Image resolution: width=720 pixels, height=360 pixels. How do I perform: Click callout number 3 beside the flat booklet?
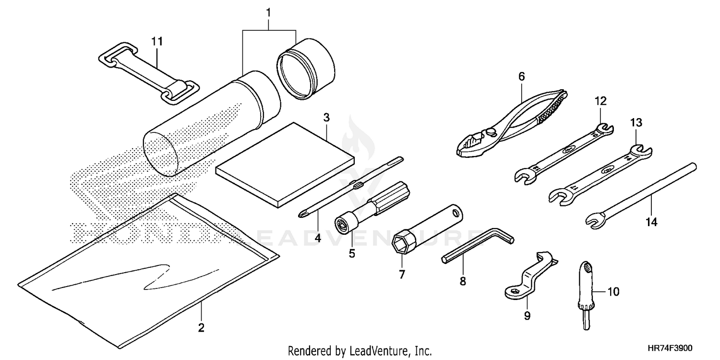[x=326, y=117]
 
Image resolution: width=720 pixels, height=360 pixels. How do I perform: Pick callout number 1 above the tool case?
[x=269, y=12]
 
